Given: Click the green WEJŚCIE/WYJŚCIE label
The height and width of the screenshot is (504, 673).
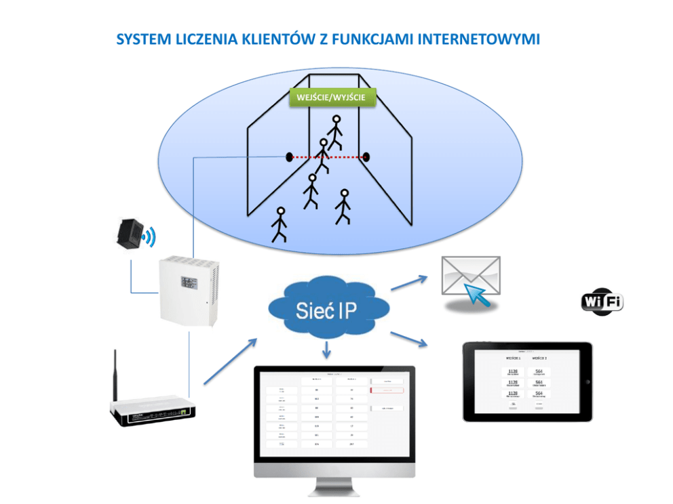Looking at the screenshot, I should coord(332,98).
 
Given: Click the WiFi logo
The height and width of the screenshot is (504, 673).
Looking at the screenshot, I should coord(602,301).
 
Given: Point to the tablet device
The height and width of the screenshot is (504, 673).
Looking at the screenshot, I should coord(526,381).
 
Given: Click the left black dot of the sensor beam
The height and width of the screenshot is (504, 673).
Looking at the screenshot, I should coord(289,157).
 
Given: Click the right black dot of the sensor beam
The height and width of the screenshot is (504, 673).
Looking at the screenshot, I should coord(368,157).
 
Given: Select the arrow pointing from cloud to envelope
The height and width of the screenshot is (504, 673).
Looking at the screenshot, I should coord(409,282).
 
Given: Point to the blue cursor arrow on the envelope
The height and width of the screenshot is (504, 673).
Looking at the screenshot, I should coord(478,294).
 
